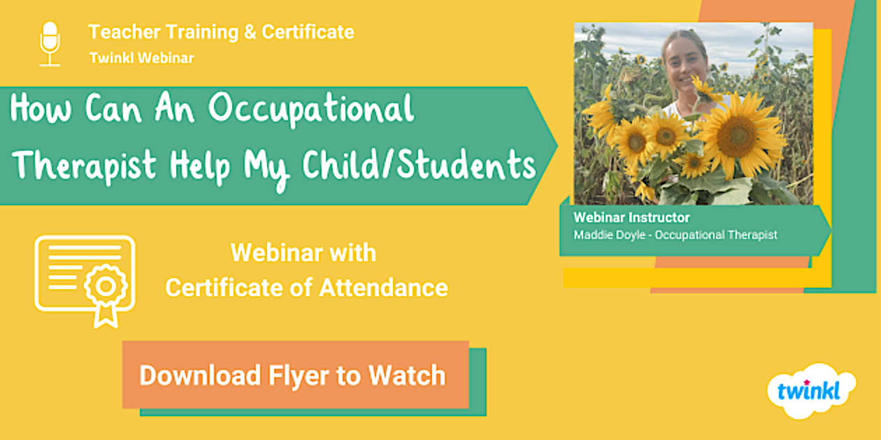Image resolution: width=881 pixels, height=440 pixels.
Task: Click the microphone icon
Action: (50, 44)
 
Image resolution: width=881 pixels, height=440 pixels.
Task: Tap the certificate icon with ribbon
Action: (85, 281)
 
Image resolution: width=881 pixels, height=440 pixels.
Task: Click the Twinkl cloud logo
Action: (811, 391)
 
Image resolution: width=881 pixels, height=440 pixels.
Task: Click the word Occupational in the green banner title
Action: (310, 109)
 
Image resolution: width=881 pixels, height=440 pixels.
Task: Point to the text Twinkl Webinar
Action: (141, 58)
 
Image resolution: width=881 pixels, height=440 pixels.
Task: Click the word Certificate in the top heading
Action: (308, 32)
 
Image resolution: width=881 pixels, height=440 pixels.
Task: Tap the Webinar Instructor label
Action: (631, 217)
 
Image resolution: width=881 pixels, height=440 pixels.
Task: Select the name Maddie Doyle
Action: (609, 235)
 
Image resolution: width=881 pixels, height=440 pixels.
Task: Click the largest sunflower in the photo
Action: (738, 135)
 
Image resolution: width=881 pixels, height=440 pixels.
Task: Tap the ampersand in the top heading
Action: (250, 32)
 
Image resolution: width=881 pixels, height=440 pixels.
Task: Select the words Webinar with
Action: (303, 253)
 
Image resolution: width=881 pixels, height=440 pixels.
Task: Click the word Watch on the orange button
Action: (407, 375)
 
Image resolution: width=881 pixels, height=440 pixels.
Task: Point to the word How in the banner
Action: (41, 108)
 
